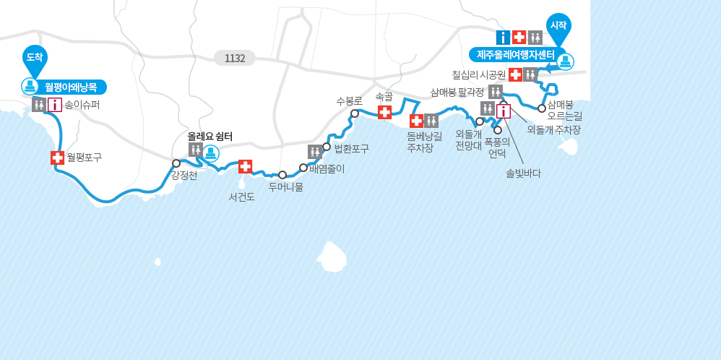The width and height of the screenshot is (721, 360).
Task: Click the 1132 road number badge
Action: [235, 58]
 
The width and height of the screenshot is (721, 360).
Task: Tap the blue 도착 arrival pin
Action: [35, 56]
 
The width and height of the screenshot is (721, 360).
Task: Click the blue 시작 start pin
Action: [558, 25]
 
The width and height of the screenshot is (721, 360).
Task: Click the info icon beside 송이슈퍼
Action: [55, 105]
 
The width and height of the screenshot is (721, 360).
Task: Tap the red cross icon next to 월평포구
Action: [57, 157]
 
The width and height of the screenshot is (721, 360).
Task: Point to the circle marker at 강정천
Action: [176, 163]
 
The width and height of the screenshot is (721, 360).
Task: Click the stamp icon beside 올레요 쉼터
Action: [211, 153]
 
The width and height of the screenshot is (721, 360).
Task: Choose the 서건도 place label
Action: [241, 197]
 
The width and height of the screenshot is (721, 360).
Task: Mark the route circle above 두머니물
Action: [282, 175]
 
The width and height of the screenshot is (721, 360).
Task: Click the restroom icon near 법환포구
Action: [315, 151]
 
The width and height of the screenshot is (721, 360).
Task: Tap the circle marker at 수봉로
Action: [355, 113]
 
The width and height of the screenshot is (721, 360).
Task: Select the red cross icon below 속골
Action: [385, 112]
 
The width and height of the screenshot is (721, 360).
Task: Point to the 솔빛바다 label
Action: [523, 173]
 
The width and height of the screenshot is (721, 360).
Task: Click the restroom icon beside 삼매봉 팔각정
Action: [496, 91]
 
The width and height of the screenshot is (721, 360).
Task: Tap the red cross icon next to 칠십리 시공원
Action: [515, 74]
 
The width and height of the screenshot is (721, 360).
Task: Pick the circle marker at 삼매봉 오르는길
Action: [542, 108]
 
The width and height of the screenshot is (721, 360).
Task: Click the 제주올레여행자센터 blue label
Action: [515, 55]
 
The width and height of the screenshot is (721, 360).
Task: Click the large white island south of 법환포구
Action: [332, 256]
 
